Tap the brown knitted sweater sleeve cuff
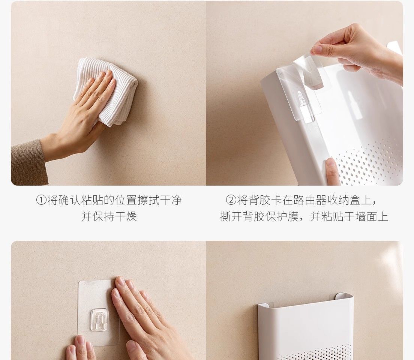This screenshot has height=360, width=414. (x=28, y=162)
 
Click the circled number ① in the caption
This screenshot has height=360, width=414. (x=41, y=200)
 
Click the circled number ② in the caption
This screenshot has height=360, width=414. (x=231, y=200)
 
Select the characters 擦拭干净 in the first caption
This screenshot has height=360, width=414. (x=159, y=200)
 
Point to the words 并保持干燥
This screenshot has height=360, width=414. (x=109, y=217)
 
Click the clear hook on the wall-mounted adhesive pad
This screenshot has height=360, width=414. (x=99, y=319)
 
